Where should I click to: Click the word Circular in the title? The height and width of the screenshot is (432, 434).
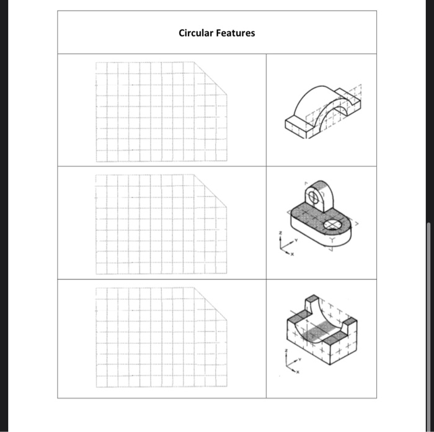(196, 33)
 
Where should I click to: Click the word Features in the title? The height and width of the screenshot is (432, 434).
(235, 33)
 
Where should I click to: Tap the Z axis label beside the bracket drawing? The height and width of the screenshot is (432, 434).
(280, 234)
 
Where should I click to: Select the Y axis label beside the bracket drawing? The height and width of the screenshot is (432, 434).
(296, 238)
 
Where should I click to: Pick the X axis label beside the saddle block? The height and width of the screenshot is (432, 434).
(296, 373)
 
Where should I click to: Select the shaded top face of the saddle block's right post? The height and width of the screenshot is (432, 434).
(348, 321)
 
